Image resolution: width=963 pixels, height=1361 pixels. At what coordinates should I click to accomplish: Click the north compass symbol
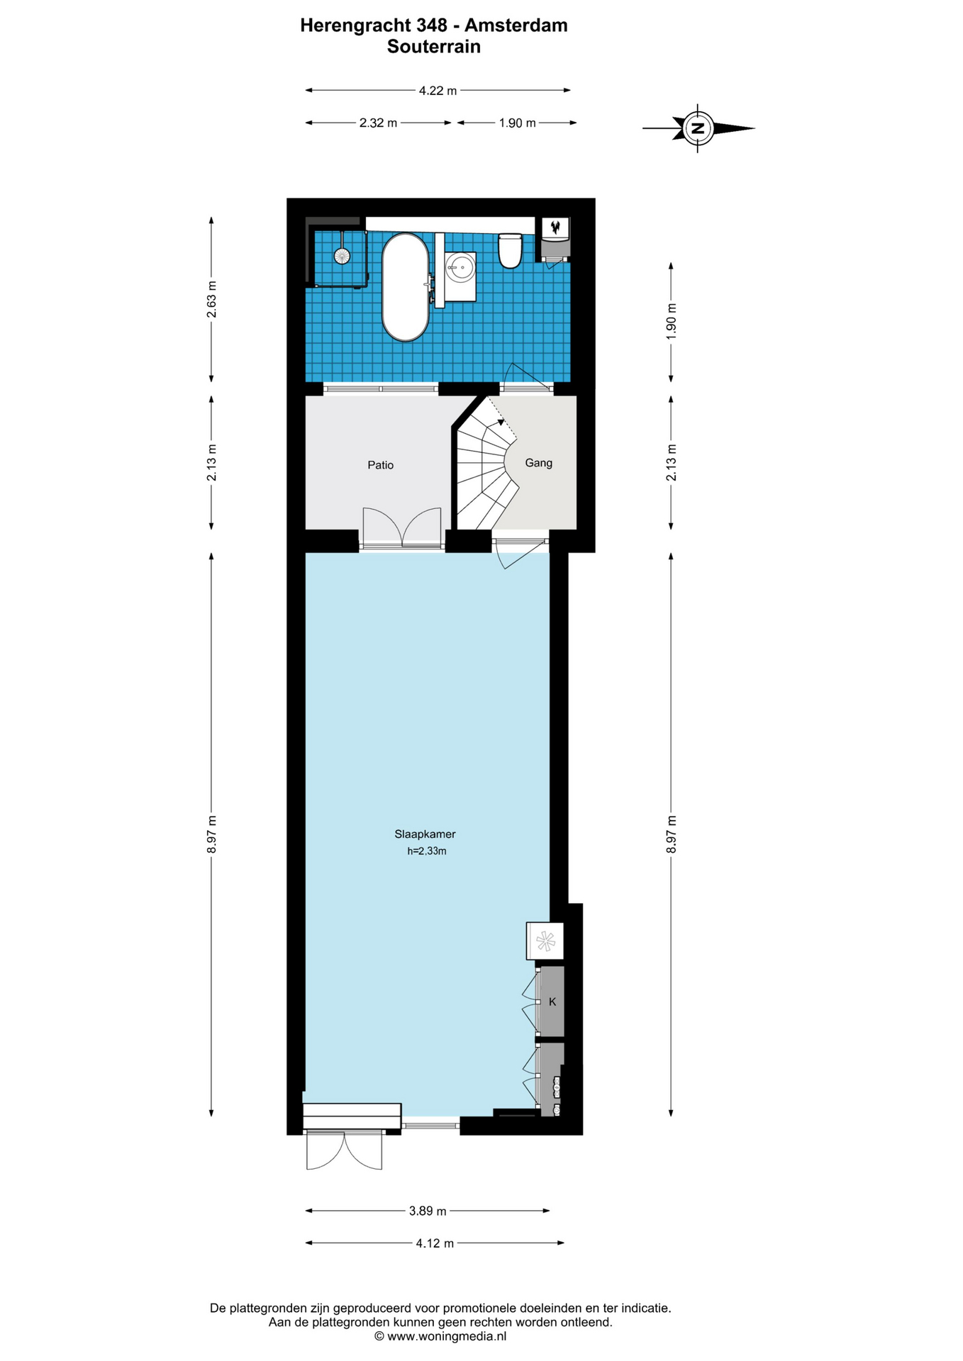(698, 128)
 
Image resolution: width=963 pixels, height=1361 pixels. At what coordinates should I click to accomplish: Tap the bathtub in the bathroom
(405, 287)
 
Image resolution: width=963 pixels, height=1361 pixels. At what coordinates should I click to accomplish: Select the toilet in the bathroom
(510, 252)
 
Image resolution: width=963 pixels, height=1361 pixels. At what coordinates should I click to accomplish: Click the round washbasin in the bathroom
(460, 267)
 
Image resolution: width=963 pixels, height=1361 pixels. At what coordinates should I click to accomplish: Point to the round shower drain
(343, 255)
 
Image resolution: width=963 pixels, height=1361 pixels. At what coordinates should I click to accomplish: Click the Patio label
(381, 465)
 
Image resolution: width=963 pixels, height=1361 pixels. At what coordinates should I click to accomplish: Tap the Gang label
(538, 463)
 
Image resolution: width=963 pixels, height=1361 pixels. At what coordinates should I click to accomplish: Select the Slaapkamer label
(425, 834)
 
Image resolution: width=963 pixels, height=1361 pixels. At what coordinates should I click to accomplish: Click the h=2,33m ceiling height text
(427, 851)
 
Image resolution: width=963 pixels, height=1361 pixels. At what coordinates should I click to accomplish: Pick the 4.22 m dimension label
(438, 90)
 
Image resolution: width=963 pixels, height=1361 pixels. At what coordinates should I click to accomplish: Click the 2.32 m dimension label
(378, 123)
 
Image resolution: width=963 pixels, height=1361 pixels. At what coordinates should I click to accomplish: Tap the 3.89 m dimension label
(428, 1211)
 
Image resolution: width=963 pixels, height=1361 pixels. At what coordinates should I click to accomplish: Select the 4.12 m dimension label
(435, 1243)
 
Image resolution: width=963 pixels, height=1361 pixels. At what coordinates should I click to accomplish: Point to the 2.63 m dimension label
(211, 300)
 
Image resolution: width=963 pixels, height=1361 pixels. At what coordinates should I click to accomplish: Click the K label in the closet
(552, 1002)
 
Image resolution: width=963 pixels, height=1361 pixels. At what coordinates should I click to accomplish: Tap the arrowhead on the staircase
(501, 422)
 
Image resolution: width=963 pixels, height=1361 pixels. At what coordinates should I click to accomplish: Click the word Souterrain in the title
(434, 47)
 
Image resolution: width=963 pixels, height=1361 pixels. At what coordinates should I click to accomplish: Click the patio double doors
(402, 527)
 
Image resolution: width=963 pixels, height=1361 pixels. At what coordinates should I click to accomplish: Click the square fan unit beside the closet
(545, 941)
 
